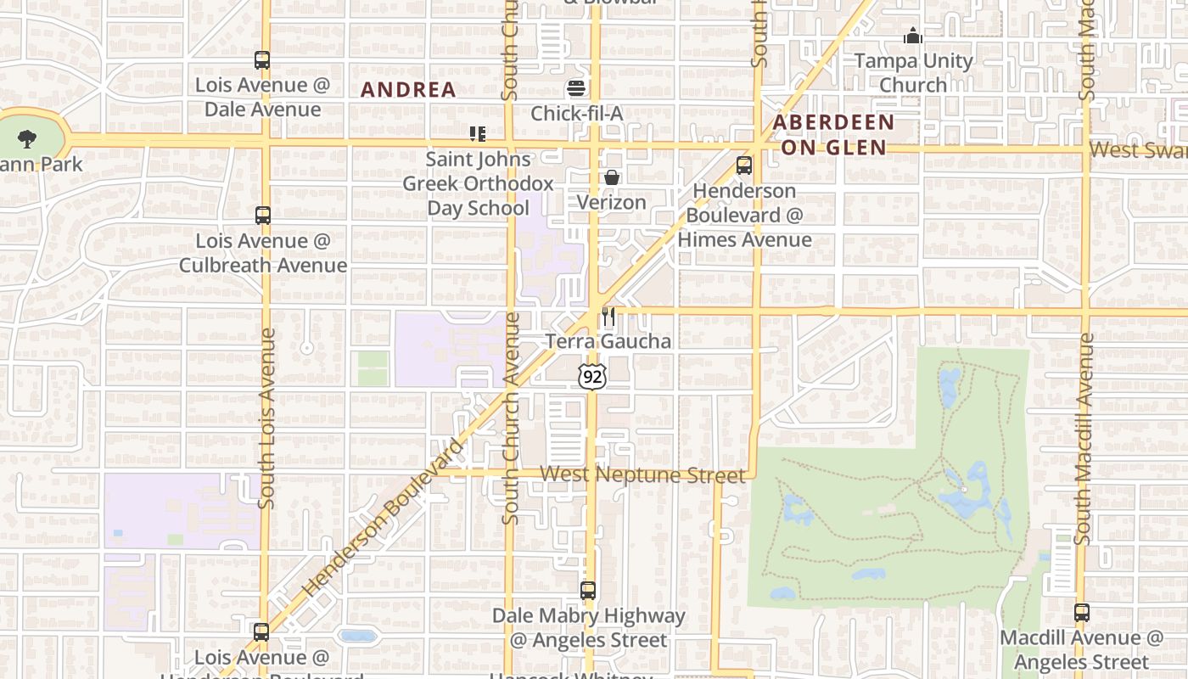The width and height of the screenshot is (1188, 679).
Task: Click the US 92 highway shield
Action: click(593, 377)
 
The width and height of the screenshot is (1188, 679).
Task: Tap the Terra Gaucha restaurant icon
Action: click(608, 317)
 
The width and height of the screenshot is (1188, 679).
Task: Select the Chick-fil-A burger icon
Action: click(577, 88)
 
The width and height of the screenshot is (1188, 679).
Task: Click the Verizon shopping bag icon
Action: click(611, 177)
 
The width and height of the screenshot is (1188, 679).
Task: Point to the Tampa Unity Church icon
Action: click(913, 36)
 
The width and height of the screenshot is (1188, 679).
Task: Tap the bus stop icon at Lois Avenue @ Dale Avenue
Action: click(262, 60)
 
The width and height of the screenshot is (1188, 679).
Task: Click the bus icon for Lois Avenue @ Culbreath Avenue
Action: click(263, 216)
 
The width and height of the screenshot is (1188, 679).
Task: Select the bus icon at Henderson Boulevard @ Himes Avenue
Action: click(744, 166)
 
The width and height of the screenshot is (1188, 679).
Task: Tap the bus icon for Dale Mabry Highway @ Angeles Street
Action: click(588, 591)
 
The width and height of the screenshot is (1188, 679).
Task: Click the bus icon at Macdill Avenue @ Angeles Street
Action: click(1081, 613)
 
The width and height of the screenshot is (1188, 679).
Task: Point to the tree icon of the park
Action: click(27, 138)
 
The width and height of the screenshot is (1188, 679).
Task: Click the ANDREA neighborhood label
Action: click(409, 90)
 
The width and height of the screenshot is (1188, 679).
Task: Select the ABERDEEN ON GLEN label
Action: click(833, 135)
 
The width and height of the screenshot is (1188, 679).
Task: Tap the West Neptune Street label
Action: click(642, 474)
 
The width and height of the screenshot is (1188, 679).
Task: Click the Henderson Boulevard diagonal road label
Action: click(384, 517)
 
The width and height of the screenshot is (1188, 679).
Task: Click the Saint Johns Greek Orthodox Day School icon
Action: click(478, 134)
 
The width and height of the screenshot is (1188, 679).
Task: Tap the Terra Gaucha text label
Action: click(608, 341)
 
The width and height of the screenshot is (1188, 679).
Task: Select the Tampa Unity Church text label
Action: click(913, 73)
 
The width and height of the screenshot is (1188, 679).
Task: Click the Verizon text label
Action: click(611, 202)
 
